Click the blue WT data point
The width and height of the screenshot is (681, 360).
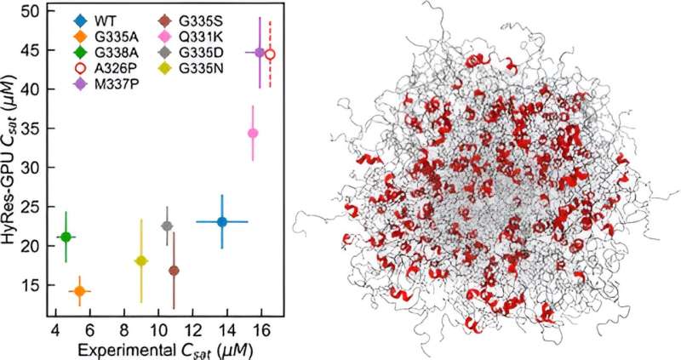[222, 222]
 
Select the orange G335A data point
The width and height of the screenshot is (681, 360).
[80, 291]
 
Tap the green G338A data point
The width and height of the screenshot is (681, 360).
[66, 237]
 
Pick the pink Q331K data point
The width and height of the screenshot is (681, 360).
[253, 133]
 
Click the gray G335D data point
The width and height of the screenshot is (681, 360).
[167, 226]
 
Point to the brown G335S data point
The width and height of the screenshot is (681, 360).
[174, 271]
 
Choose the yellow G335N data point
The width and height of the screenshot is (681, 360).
[141, 261]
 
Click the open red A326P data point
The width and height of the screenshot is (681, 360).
[270, 54]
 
